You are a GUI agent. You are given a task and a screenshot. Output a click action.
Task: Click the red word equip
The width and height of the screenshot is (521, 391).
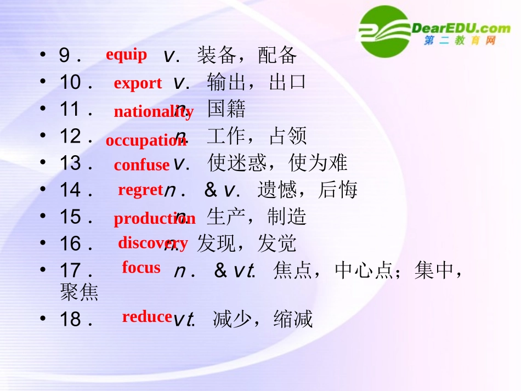tap(126, 55)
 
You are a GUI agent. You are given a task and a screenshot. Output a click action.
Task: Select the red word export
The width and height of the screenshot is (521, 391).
tap(138, 83)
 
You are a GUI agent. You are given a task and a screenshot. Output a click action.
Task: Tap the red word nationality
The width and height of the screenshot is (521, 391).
tap(153, 112)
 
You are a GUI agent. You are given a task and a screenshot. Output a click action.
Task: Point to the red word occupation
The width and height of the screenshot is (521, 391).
tap(146, 140)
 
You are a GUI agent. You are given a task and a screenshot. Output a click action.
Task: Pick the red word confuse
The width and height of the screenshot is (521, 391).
tap(141, 165)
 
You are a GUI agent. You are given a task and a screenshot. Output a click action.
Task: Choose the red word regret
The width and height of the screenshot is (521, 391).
tap(140, 190)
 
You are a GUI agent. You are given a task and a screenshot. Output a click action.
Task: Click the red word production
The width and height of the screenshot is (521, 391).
tap(154, 219)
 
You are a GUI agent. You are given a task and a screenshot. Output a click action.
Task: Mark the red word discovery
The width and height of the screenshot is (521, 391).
tap(152, 242)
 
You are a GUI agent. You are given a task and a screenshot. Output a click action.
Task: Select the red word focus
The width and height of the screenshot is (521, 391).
tap(141, 268)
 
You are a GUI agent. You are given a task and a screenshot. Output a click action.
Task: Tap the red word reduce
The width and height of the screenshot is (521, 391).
tap(147, 316)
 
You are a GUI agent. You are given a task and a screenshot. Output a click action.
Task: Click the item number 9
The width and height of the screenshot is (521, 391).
tap(65, 55)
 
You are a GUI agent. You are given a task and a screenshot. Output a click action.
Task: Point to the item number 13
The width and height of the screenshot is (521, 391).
tap(70, 163)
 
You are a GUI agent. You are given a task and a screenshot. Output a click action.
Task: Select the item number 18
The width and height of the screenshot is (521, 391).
tap(70, 319)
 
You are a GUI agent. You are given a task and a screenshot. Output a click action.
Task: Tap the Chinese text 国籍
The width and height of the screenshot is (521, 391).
tap(226, 110)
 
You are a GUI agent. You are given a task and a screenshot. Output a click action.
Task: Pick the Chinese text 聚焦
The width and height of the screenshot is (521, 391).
tap(79, 292)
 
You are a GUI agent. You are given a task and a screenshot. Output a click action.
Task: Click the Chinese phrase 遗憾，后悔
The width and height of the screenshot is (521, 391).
tap(307, 190)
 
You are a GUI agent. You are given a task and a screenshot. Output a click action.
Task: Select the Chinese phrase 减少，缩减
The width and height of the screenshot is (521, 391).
tap(263, 319)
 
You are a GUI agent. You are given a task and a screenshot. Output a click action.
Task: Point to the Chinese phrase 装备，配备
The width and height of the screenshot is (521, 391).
tap(247, 55)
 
